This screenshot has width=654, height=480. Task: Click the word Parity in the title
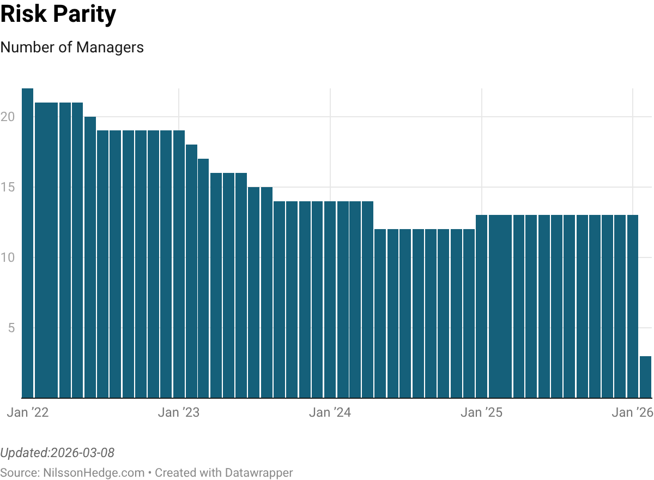[86, 15]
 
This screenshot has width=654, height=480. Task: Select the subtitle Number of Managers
[72, 47]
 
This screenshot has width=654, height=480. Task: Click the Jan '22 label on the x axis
[28, 413]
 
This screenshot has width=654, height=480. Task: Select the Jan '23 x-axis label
[179, 413]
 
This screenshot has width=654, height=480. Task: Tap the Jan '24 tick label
[330, 413]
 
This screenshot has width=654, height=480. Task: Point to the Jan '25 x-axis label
[481, 413]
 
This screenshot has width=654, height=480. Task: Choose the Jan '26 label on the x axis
[632, 413]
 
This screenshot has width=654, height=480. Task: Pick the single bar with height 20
[90, 257]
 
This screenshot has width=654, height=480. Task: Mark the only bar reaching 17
[203, 278]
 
